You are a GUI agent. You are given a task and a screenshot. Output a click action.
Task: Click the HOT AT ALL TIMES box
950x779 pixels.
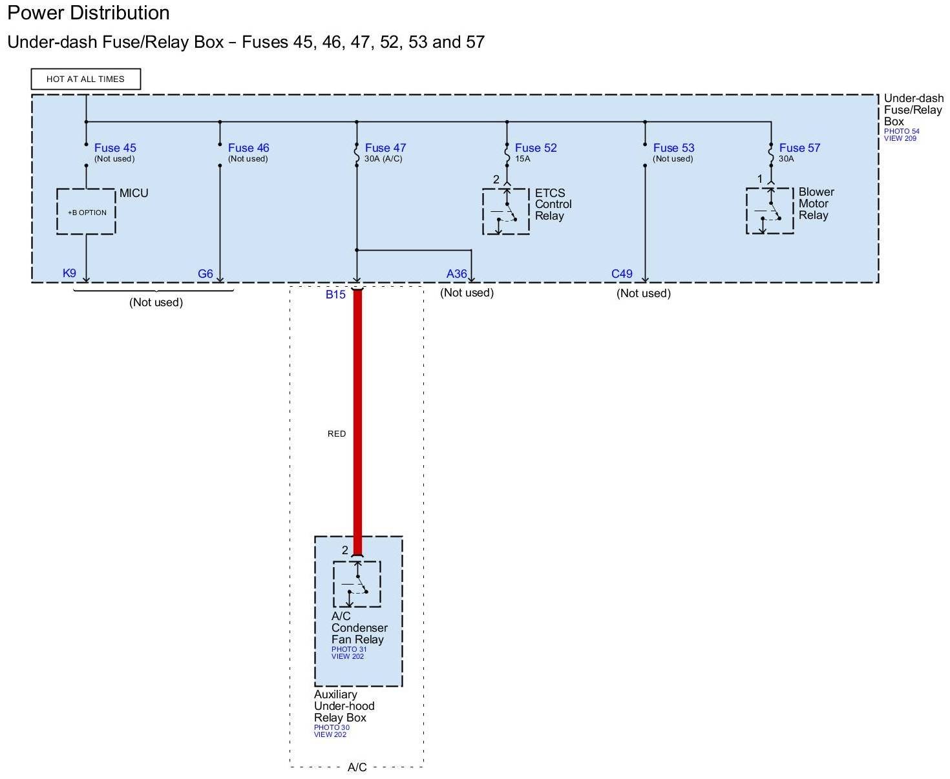tap(85, 79)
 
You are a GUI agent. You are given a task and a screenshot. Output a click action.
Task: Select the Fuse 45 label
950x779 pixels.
tap(115, 148)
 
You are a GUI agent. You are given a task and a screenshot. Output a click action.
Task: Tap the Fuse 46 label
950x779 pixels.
tap(248, 148)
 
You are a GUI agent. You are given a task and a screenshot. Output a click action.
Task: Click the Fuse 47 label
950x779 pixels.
tap(385, 148)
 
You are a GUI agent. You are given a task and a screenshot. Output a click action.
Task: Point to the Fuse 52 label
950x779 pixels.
tap(536, 148)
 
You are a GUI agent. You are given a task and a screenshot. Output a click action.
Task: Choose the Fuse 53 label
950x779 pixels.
tap(673, 148)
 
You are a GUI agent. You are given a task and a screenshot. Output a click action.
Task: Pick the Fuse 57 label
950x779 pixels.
tap(799, 148)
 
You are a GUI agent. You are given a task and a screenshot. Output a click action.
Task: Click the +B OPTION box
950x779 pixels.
tap(87, 212)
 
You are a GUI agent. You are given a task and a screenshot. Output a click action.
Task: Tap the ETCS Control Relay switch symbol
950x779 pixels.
tap(506, 211)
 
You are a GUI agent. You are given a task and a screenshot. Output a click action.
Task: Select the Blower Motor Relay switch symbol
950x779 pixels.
tap(770, 211)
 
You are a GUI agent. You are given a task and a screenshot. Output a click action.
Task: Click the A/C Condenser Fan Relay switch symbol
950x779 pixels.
tap(357, 584)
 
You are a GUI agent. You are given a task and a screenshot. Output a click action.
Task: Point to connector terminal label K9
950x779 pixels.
tap(69, 273)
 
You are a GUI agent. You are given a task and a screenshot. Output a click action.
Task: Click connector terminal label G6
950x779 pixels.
tap(206, 274)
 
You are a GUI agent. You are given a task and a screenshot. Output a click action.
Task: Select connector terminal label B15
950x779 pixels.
tap(335, 295)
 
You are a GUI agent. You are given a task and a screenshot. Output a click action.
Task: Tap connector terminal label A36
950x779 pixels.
tap(456, 274)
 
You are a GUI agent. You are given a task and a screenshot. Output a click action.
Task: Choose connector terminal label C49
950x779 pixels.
tap(622, 274)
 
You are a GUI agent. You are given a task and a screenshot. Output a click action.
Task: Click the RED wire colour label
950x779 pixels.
tap(337, 434)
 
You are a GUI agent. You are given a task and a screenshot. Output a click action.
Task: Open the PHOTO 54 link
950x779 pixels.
tap(902, 131)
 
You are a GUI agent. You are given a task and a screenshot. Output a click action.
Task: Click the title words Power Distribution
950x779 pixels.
tap(89, 13)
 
